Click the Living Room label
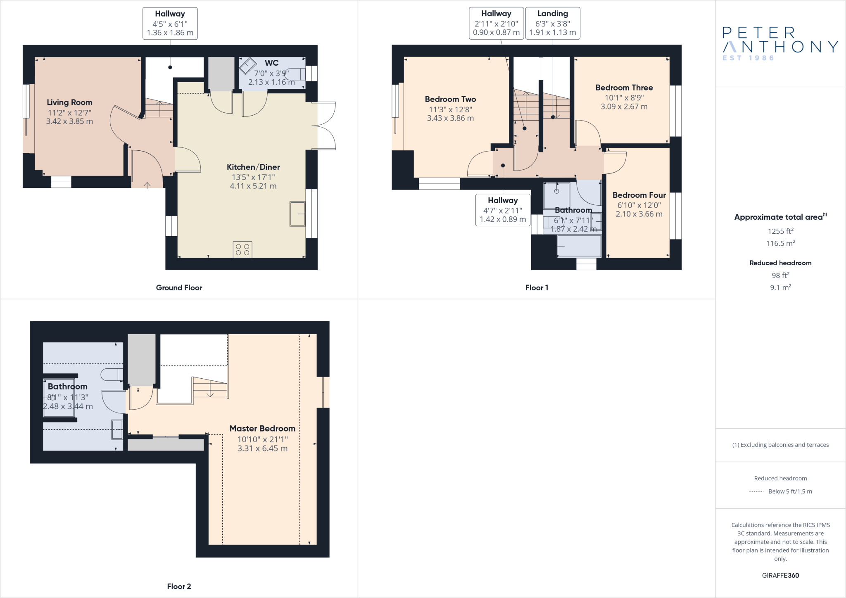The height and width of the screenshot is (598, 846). pos(69,102)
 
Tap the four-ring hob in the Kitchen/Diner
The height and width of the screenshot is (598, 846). pos(242,249)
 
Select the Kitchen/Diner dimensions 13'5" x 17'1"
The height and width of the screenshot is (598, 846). pos(253,177)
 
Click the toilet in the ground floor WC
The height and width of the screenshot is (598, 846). pos(296,74)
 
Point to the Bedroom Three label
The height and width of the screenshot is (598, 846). pos(624,88)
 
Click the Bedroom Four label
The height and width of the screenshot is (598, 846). pos(639,195)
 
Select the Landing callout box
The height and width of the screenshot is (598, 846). pos(552,23)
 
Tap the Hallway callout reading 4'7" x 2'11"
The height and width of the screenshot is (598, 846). pos(503,210)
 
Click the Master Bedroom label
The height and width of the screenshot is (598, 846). pos(262,429)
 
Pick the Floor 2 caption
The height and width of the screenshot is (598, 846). pos(179,586)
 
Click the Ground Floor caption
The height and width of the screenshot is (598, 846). pos(179,287)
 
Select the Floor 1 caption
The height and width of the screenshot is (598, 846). pos(537,287)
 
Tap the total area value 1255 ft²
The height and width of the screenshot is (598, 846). pos(780,231)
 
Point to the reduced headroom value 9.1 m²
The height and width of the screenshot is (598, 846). pos(780,287)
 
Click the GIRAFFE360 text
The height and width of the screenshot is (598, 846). pos(780,575)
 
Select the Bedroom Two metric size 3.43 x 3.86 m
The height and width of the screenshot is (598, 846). pos(450,118)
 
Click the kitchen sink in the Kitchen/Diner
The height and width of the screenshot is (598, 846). pos(297,214)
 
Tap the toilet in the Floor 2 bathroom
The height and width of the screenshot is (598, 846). pos(112,375)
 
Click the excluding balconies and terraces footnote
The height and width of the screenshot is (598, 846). pos(780,445)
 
